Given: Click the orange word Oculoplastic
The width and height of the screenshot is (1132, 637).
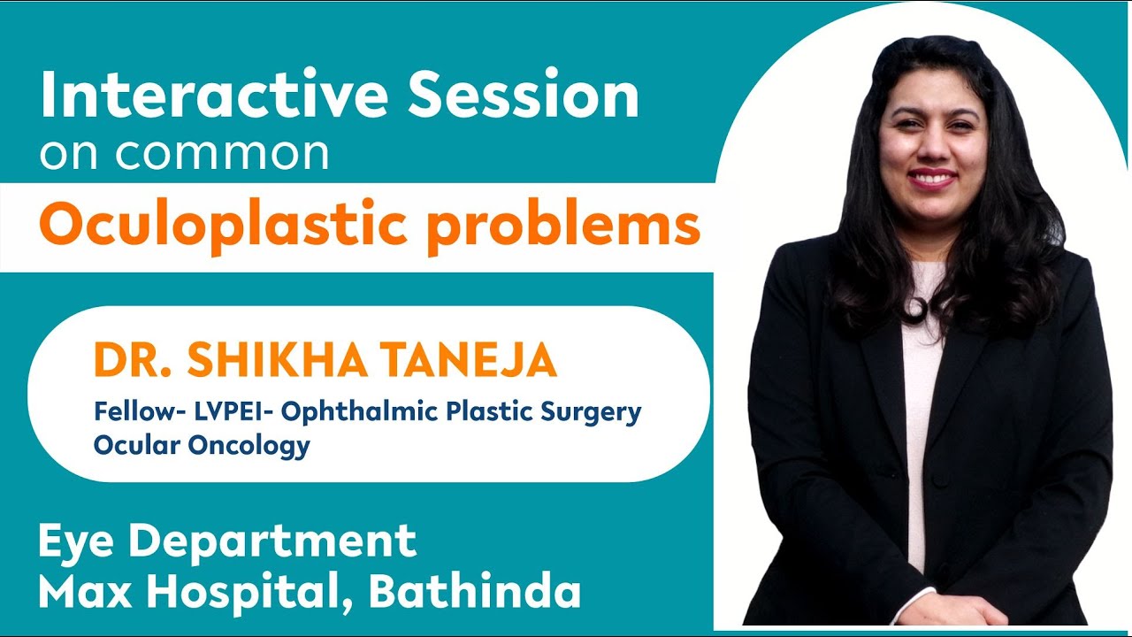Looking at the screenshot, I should [223, 227].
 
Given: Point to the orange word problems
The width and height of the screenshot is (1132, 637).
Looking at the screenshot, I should [562, 227].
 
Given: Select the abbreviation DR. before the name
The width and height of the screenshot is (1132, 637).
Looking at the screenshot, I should [129, 361].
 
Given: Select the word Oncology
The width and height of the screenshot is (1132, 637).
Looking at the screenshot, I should [249, 445].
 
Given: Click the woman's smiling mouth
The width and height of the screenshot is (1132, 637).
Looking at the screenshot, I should [935, 178].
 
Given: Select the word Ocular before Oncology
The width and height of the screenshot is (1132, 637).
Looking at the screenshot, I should [137, 445].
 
